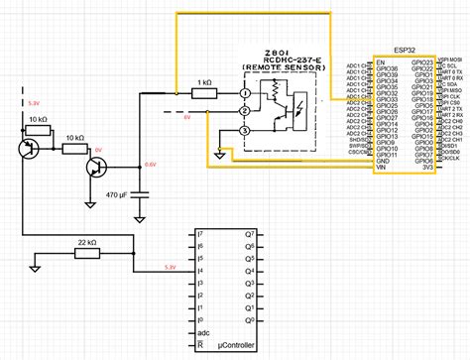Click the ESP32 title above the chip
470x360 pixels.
click(x=405, y=46)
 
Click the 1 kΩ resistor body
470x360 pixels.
click(x=205, y=93)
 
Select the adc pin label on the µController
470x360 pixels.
click(x=204, y=334)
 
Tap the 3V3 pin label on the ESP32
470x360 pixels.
click(x=426, y=167)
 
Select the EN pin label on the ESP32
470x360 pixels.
click(x=380, y=60)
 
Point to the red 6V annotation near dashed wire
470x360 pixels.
click(x=184, y=116)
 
